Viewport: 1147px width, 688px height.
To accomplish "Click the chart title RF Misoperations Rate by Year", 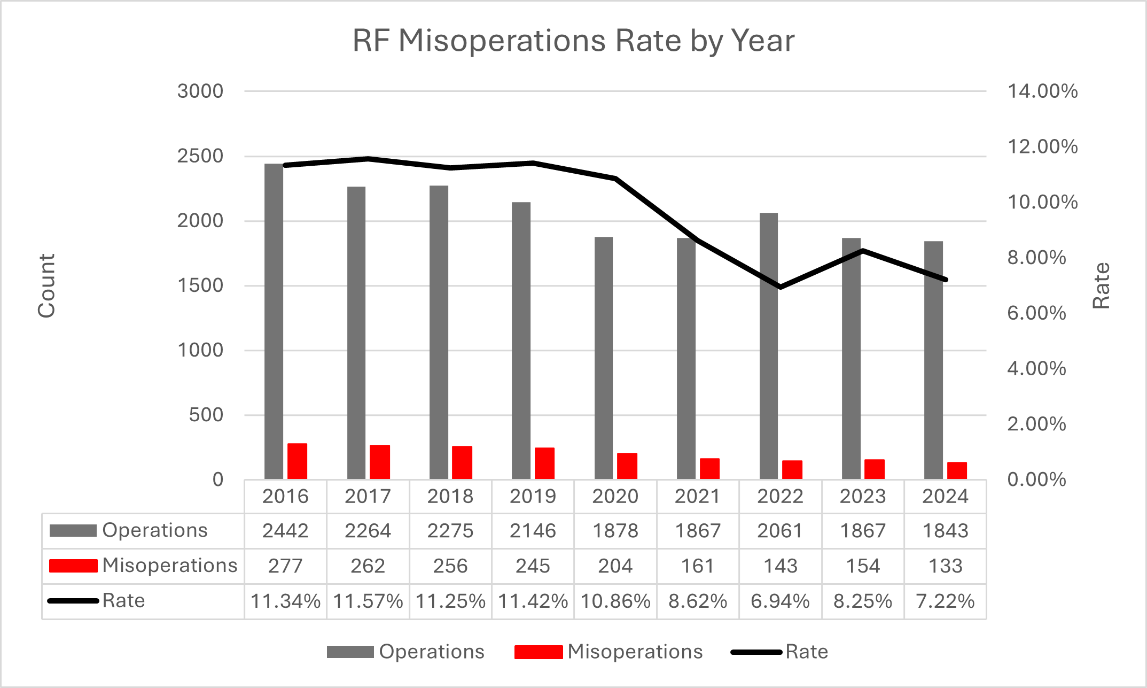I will [x=573, y=41].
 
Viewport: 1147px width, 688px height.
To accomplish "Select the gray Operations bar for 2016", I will [x=274, y=321].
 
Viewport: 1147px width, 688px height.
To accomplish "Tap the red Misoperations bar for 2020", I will [x=627, y=466].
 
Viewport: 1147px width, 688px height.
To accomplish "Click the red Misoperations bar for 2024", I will [x=957, y=470].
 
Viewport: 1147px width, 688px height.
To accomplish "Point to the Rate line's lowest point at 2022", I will [x=781, y=287].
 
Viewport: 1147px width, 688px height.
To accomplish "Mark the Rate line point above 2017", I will [x=368, y=159].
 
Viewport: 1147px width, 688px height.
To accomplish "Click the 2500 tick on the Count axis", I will [x=200, y=156].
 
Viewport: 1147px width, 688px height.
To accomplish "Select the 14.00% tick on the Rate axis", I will [x=1042, y=91].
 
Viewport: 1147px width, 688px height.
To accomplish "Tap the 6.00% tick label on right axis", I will [x=1036, y=313].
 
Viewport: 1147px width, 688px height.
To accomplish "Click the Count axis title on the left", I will [x=46, y=285].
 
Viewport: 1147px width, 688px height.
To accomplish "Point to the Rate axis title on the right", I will [x=1101, y=285].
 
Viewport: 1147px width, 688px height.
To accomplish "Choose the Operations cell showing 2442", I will [x=285, y=531].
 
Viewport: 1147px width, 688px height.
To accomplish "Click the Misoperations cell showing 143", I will [x=781, y=566].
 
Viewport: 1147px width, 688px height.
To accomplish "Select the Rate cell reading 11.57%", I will [x=368, y=601].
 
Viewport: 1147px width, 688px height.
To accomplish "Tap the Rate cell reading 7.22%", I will [x=945, y=601].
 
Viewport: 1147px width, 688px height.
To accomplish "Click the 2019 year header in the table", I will [x=533, y=497].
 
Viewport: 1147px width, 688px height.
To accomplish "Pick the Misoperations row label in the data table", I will [x=169, y=566].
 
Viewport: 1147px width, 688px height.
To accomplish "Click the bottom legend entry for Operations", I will [x=406, y=652].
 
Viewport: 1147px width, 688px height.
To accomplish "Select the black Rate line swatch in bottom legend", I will [x=756, y=652].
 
